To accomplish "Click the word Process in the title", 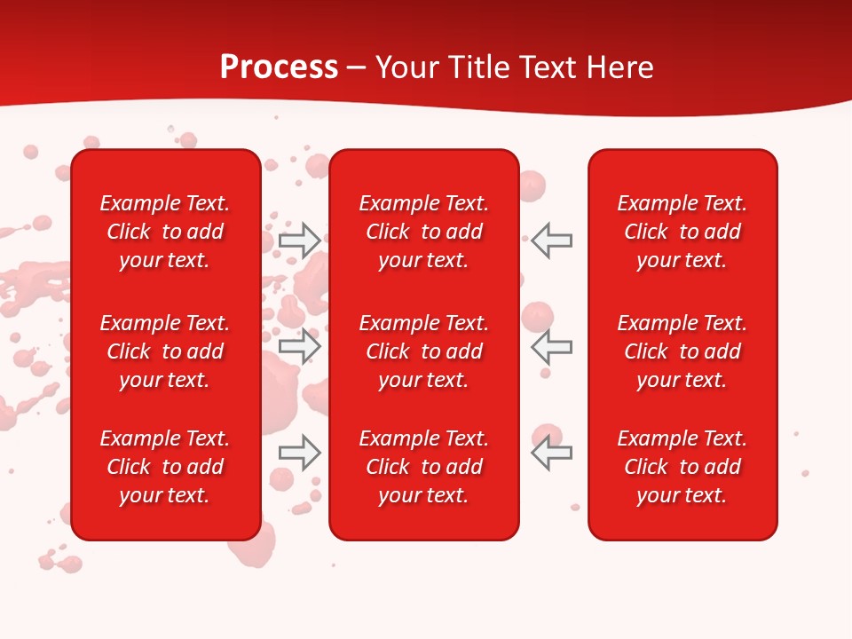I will (x=279, y=67).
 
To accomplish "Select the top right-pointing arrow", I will (x=299, y=240).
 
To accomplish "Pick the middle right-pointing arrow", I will (x=299, y=346).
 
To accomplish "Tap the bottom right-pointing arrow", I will (x=299, y=453).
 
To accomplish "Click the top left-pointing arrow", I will (x=552, y=240).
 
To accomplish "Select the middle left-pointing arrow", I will (x=552, y=346).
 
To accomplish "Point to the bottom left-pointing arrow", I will (x=552, y=453).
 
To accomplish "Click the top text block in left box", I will (x=165, y=232).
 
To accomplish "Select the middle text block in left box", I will (x=165, y=351).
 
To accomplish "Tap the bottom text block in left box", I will (x=165, y=467).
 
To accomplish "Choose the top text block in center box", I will (x=423, y=232).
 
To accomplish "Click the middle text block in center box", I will (x=423, y=351).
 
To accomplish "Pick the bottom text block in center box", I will (x=423, y=467).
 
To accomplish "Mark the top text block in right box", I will (x=682, y=232).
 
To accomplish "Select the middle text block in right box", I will (x=682, y=351).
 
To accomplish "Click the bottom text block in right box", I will (x=682, y=467).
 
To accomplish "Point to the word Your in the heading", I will (x=409, y=67).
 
